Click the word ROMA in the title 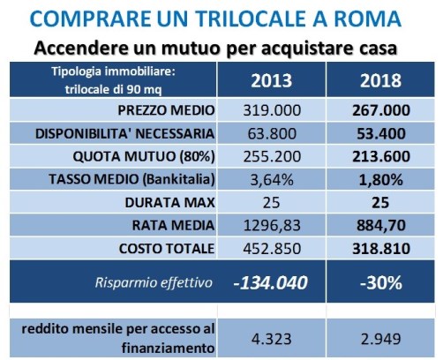(x=368, y=19)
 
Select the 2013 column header (x=271, y=80)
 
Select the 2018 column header (x=380, y=80)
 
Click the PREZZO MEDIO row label (x=166, y=110)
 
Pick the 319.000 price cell (x=272, y=110)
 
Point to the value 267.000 (x=381, y=110)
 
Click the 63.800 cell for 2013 (x=272, y=133)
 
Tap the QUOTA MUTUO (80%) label (x=144, y=156)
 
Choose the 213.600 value (x=381, y=156)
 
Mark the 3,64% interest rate (x=272, y=179)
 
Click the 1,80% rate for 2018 (x=381, y=179)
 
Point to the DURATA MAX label (x=169, y=203)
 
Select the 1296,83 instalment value (x=272, y=226)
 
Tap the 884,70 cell (x=381, y=226)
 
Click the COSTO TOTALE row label (x=167, y=249)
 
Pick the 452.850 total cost (x=272, y=249)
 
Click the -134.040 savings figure (x=270, y=282)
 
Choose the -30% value (x=381, y=282)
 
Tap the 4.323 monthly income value (x=271, y=339)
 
